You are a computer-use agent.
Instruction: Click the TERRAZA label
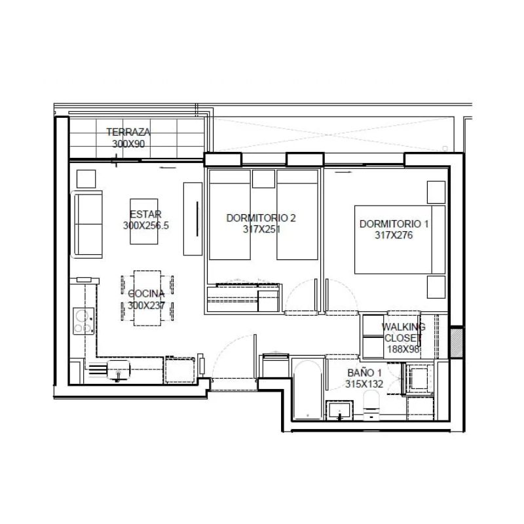click(128, 132)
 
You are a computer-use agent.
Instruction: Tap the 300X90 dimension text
click(128, 144)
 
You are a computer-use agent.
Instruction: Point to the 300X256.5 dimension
click(146, 225)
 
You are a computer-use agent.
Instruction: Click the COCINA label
click(146, 293)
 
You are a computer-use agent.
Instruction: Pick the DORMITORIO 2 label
click(261, 218)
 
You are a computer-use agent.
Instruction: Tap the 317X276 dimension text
click(394, 235)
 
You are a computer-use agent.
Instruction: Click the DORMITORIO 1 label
click(394, 224)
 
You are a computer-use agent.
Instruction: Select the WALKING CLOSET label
click(403, 332)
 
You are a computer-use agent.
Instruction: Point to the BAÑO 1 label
click(364, 373)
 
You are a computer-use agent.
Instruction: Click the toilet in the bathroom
click(371, 404)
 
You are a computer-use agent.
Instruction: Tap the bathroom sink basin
click(339, 410)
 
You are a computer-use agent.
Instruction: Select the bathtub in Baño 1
click(308, 389)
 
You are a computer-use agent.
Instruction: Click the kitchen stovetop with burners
click(84, 321)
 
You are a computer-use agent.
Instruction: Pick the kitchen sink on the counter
click(119, 370)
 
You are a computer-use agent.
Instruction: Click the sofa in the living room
click(86, 224)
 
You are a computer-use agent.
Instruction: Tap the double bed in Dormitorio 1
click(400, 239)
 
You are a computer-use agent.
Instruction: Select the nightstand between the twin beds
click(264, 179)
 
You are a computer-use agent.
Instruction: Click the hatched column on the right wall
click(457, 343)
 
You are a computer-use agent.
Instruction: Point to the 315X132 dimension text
click(364, 384)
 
